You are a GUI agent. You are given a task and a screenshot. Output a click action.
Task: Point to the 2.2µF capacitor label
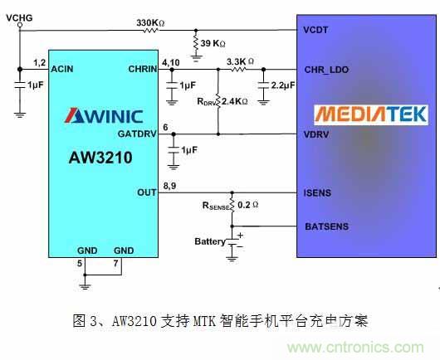(x=281, y=85)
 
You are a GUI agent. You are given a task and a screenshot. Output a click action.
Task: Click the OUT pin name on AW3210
(x=147, y=192)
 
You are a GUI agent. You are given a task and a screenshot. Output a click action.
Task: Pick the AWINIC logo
(x=103, y=116)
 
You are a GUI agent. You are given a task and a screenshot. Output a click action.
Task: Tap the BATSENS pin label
(x=325, y=226)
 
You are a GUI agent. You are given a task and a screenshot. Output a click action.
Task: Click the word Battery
(x=210, y=241)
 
